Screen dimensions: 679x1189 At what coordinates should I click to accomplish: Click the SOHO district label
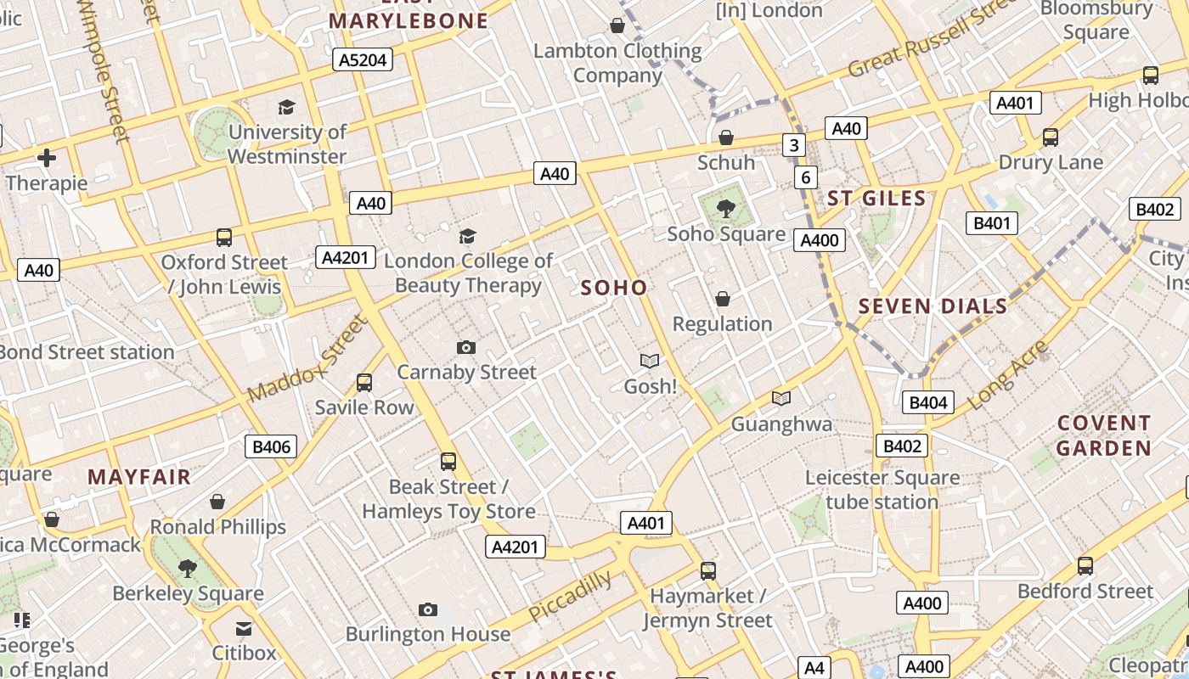614,288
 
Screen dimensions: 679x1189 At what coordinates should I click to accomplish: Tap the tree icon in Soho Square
726,208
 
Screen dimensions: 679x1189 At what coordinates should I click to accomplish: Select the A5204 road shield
363,59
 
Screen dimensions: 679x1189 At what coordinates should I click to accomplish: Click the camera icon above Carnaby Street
466,347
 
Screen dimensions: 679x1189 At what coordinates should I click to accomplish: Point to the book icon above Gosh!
650,362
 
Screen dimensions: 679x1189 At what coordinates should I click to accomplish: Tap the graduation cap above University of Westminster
287,107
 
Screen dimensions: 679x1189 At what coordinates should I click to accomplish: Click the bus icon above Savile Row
364,383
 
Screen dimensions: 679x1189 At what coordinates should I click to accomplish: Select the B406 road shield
271,446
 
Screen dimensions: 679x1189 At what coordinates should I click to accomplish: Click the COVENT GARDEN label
1104,435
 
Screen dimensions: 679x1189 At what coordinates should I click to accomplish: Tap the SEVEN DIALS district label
933,306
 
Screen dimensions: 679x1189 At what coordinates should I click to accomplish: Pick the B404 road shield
928,402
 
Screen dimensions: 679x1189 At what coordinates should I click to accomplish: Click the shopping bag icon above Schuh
726,137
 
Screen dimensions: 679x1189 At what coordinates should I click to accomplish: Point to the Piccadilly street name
570,597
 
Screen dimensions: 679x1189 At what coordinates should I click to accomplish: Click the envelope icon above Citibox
244,629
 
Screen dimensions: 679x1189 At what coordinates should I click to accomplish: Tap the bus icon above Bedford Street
1085,566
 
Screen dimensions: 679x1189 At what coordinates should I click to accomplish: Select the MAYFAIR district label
139,477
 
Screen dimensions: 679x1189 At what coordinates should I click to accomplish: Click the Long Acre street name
1008,374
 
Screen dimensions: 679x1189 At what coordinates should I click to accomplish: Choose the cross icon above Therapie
47,158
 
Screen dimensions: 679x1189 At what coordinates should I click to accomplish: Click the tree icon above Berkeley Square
188,568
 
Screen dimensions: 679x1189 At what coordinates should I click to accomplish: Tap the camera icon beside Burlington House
428,609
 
